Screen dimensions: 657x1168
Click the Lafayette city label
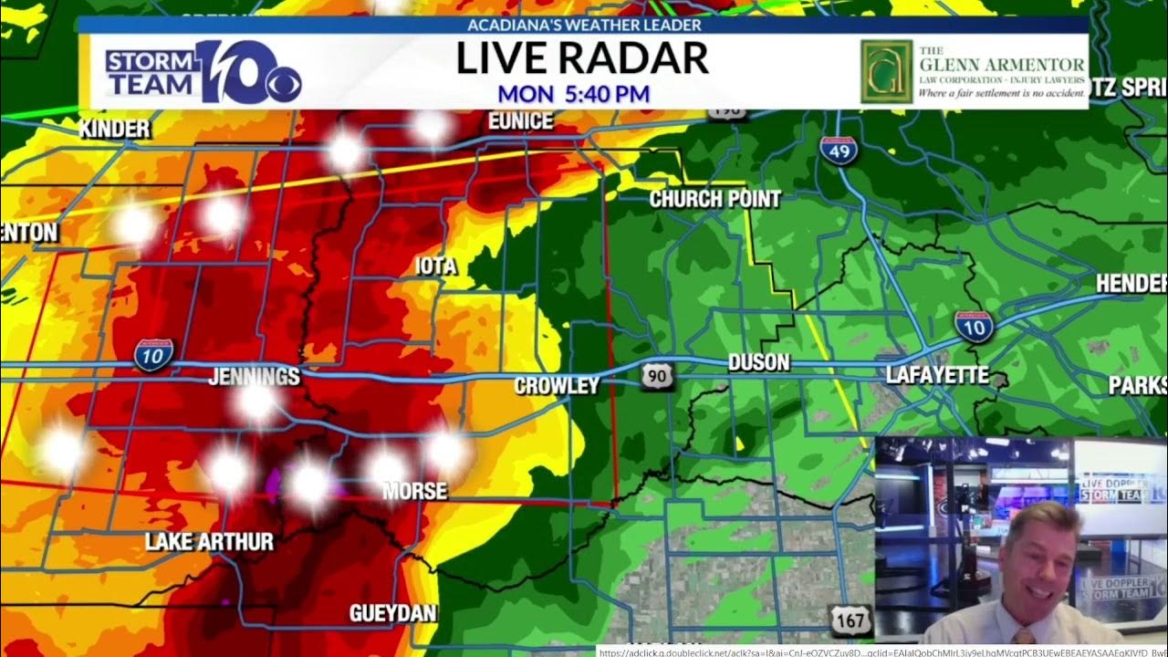click(937, 375)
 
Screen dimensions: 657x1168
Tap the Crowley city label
click(557, 386)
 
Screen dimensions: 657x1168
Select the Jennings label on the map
click(254, 376)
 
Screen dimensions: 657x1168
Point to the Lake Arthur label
click(209, 542)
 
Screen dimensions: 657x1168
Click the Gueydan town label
click(392, 613)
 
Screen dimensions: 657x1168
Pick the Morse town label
click(415, 491)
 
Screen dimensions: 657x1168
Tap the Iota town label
click(435, 266)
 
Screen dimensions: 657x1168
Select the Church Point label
click(714, 199)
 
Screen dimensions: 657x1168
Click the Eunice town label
click(520, 120)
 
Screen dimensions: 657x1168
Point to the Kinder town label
click(114, 130)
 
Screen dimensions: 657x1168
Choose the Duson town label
click(758, 362)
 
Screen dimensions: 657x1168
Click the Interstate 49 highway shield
click(838, 150)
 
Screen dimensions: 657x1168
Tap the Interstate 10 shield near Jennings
click(153, 354)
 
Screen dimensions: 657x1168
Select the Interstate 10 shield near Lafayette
click(974, 326)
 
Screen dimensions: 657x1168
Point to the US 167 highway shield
click(849, 620)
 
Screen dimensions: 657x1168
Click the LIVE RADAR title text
click(582, 58)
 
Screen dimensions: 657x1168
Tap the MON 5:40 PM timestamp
click(574, 94)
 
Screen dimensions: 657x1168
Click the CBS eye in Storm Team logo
click(283, 85)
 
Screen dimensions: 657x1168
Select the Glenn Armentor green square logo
click(885, 71)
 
